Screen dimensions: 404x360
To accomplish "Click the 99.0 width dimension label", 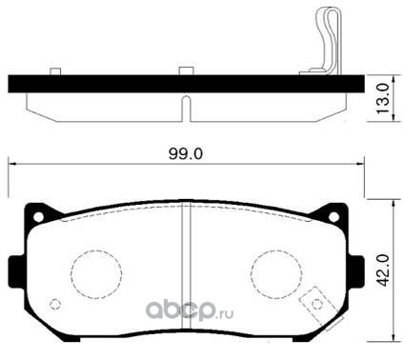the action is pos(186,154).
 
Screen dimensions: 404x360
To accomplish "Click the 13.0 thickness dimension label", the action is pos(383,99).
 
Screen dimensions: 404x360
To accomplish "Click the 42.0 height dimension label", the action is pos(384,270).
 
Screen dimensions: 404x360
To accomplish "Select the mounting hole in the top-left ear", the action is pos(38,217).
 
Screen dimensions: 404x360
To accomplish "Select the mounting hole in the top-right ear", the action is pos(333,217).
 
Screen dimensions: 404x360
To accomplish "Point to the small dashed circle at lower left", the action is pos(55,304).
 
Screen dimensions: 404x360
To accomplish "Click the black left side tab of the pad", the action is pos(16,271).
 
